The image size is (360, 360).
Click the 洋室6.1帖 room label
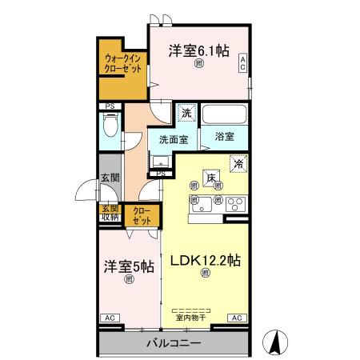(198, 50)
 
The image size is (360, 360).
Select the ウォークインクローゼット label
(123, 63)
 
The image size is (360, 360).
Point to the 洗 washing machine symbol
(186, 114)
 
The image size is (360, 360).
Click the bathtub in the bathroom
(225, 114)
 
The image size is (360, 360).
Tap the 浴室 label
(225, 138)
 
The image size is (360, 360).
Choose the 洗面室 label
(172, 138)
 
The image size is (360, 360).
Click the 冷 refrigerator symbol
(238, 164)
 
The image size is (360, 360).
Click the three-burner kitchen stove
(233, 201)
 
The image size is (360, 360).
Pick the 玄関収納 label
(109, 213)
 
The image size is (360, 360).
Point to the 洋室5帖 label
(128, 267)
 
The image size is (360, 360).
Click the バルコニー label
(173, 344)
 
